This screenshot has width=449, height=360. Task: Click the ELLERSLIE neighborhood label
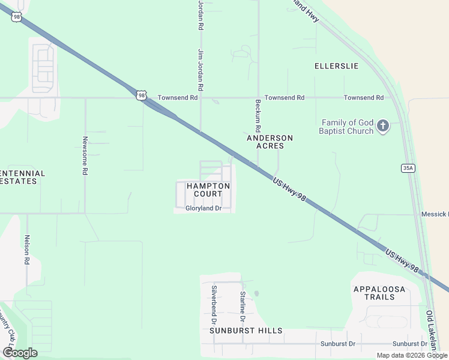pyautogui.click(x=336, y=65)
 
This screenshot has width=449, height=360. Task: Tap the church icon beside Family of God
pyautogui.click(x=383, y=126)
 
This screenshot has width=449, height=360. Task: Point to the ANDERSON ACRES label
pyautogui.click(x=270, y=142)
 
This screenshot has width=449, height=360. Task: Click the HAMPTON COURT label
pyautogui.click(x=208, y=190)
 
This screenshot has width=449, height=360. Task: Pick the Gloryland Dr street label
pyautogui.click(x=203, y=208)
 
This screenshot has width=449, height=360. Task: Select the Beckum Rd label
pyautogui.click(x=258, y=116)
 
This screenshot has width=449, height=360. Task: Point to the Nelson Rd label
pyautogui.click(x=26, y=249)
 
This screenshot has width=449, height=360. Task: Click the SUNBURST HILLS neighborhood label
pyautogui.click(x=246, y=331)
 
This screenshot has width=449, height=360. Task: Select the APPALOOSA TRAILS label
pyautogui.click(x=379, y=293)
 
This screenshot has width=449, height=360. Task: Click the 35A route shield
pyautogui.click(x=408, y=169)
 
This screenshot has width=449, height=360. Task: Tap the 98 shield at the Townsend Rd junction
pyautogui.click(x=140, y=95)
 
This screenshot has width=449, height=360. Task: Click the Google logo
pyautogui.click(x=20, y=352)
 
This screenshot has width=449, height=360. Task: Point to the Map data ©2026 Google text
pyautogui.click(x=411, y=355)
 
